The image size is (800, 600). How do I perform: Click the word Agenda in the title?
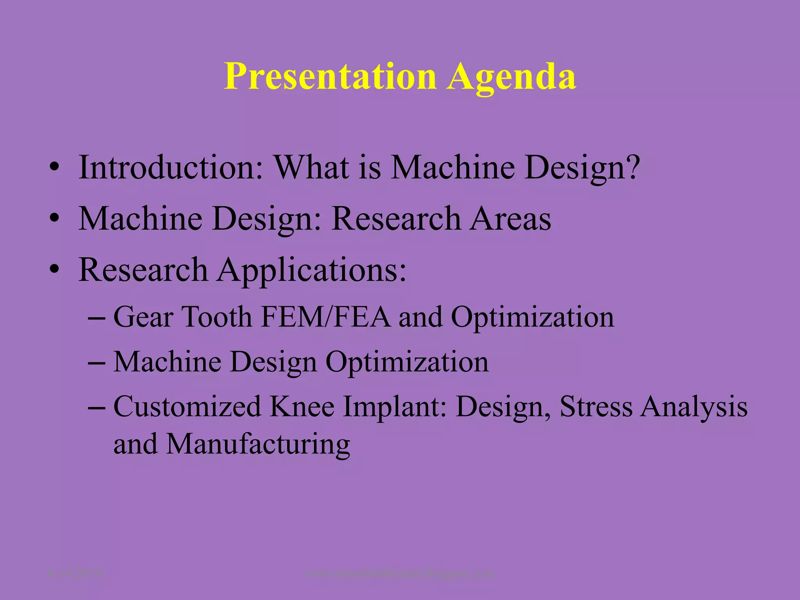[511, 77]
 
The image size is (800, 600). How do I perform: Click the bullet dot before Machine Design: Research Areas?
[54, 219]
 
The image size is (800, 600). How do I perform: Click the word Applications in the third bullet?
[311, 270]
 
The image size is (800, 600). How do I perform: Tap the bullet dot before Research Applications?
[54, 270]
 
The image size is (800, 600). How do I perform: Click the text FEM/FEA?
[325, 316]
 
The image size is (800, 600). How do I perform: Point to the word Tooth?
[217, 316]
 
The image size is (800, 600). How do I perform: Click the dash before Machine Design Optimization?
[96, 362]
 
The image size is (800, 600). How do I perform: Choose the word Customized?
[187, 407]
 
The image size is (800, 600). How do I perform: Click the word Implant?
[395, 407]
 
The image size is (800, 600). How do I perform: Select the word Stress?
[596, 407]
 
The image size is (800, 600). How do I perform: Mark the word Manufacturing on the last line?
[258, 444]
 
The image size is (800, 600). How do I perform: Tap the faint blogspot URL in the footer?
[400, 573]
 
